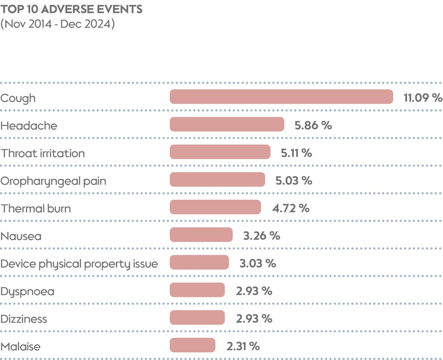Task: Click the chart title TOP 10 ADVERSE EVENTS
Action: coord(71,9)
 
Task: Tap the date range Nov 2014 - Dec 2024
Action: coord(57,24)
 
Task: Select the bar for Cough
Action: coord(281,97)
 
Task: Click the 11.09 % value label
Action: coord(423,98)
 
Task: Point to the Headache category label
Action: coord(29,125)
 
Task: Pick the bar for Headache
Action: coord(227,125)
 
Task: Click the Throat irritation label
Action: coord(43,153)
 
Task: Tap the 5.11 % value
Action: coord(296,153)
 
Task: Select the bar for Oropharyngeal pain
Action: coord(217,180)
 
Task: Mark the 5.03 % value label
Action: coord(293,180)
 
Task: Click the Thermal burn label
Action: coord(36,208)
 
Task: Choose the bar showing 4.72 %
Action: coord(215,207)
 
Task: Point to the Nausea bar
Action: coord(201,235)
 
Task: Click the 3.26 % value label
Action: coord(261,236)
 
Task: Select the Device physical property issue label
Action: coord(79,264)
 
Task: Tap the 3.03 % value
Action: coord(257,263)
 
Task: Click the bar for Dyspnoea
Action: coord(197,290)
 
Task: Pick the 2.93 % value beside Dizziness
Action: coord(254,318)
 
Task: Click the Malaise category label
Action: coord(20,346)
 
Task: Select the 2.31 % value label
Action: coord(243,346)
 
